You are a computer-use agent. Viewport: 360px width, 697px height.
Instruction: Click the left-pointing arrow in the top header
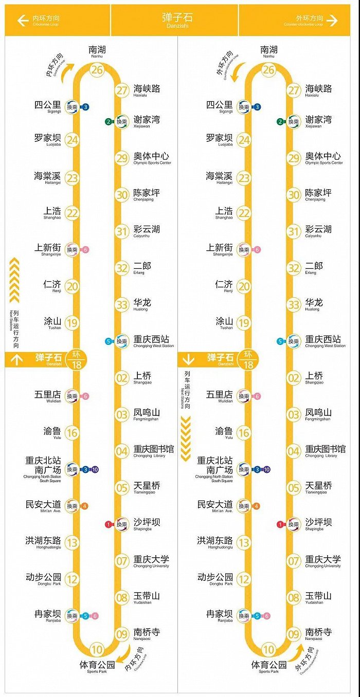22,21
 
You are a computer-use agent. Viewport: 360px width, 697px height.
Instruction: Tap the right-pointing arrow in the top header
332,21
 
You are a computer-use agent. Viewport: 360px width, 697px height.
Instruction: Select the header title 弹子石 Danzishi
176,21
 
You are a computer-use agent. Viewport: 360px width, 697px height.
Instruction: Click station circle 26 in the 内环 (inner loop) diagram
97,70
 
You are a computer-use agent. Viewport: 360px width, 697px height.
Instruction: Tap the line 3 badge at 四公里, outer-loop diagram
257,107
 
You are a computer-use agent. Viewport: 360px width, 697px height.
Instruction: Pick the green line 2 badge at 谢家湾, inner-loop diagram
108,122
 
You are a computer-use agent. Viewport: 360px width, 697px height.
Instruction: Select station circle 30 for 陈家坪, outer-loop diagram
294,195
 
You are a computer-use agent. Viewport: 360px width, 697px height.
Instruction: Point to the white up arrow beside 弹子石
17,360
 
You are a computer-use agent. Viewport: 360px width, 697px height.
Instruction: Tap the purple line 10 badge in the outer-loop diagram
267,469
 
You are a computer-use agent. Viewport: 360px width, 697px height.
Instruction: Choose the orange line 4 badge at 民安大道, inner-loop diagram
85,506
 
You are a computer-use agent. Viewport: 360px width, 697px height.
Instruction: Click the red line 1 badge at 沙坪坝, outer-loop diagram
280,524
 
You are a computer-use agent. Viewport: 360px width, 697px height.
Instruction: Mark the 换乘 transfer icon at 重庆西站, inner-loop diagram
121,341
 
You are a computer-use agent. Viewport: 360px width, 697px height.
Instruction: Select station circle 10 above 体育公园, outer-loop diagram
268,650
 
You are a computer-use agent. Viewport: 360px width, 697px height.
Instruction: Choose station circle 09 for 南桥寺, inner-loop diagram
122,634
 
